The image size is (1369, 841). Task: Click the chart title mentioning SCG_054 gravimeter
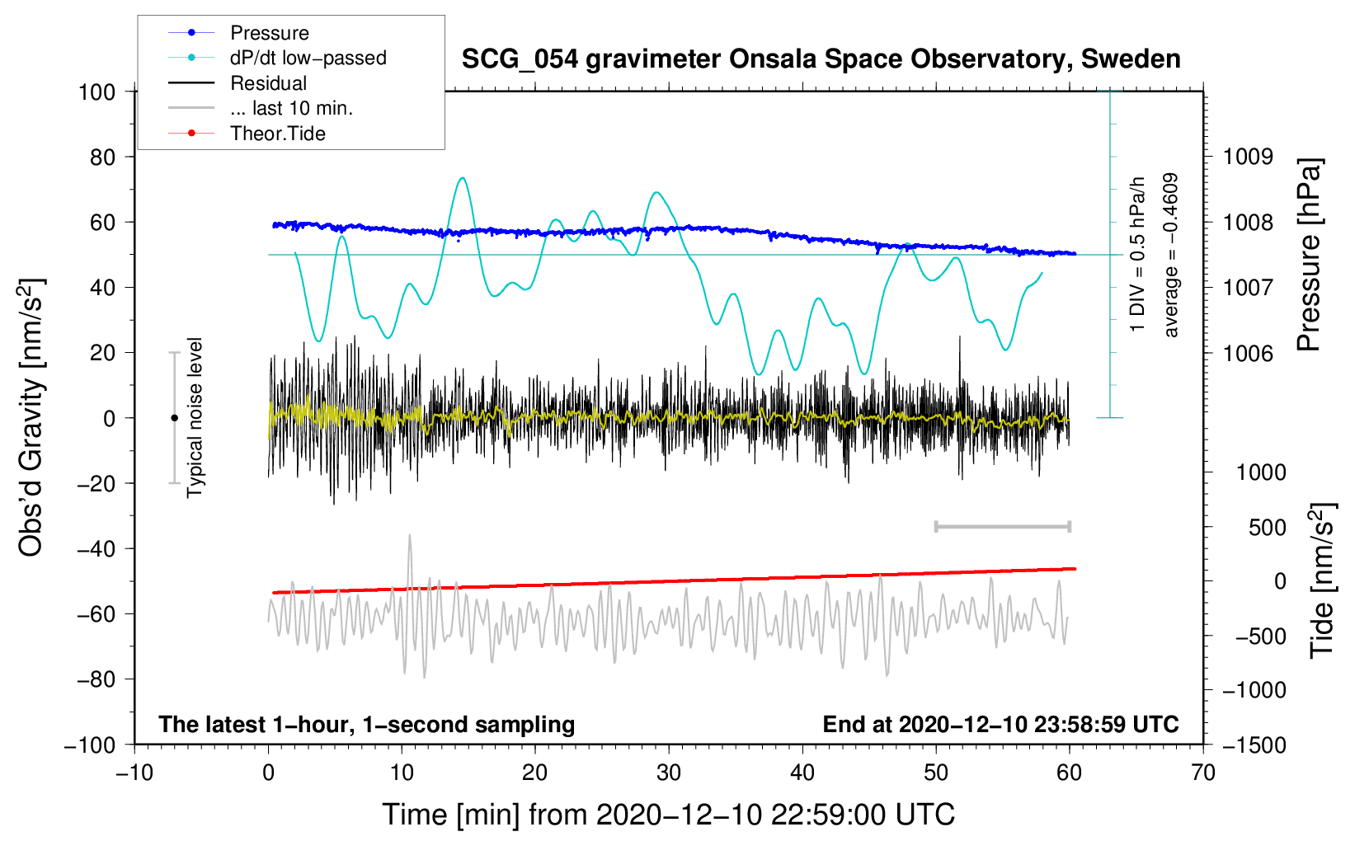(821, 59)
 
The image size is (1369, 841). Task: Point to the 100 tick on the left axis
(97, 92)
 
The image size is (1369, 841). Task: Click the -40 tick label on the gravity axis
(96, 549)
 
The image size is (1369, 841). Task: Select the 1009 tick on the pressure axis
(1248, 157)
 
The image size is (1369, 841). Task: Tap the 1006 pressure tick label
(1248, 353)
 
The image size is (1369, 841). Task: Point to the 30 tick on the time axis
(669, 773)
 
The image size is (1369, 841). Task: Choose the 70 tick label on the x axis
(1202, 773)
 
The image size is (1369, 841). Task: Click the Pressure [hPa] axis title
(1309, 254)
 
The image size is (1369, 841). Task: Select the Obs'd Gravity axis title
(31, 417)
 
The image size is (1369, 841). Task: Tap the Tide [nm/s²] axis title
(1323, 580)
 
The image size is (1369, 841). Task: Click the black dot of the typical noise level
(174, 418)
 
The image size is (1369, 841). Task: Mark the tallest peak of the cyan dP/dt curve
(463, 178)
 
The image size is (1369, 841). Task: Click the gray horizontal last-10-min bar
(1002, 527)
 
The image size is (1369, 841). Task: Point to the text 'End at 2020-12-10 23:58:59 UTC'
(1000, 724)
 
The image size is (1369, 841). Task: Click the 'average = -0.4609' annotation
(1170, 255)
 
